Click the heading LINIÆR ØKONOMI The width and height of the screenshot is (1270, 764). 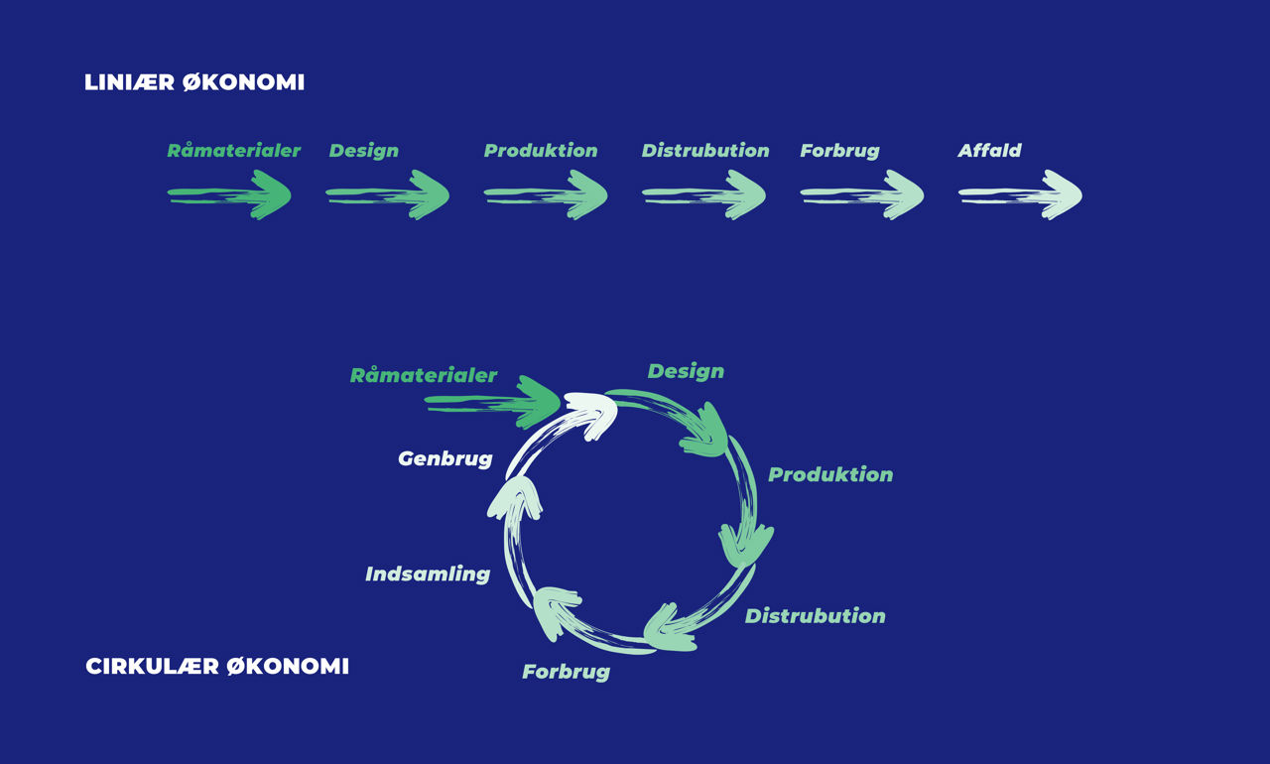[x=194, y=82]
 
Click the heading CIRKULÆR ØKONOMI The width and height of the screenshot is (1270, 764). [x=217, y=666]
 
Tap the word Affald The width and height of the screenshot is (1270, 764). [x=989, y=151]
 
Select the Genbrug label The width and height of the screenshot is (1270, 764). [x=444, y=458]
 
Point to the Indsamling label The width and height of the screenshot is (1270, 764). [x=428, y=573]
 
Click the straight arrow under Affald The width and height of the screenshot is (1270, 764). [x=1020, y=194]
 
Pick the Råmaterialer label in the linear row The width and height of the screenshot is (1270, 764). [x=233, y=151]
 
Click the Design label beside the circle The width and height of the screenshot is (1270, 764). [x=686, y=371]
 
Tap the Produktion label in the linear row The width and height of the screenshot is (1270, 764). [x=541, y=151]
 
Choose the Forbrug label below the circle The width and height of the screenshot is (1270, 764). [x=566, y=672]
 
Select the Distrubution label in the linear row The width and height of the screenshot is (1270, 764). [x=705, y=151]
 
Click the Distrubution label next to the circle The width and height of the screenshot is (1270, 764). [x=815, y=616]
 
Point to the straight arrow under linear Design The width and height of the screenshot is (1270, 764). [x=387, y=194]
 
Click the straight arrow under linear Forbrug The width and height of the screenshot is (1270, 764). [x=861, y=194]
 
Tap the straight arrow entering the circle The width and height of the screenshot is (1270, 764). [x=492, y=402]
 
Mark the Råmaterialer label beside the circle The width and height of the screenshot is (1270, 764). [x=423, y=376]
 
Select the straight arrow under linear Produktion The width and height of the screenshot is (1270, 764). [x=545, y=194]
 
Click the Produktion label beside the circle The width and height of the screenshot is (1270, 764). [x=830, y=474]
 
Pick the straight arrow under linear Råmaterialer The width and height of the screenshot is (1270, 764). [x=228, y=194]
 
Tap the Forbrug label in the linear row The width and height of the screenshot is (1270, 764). [x=839, y=151]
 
